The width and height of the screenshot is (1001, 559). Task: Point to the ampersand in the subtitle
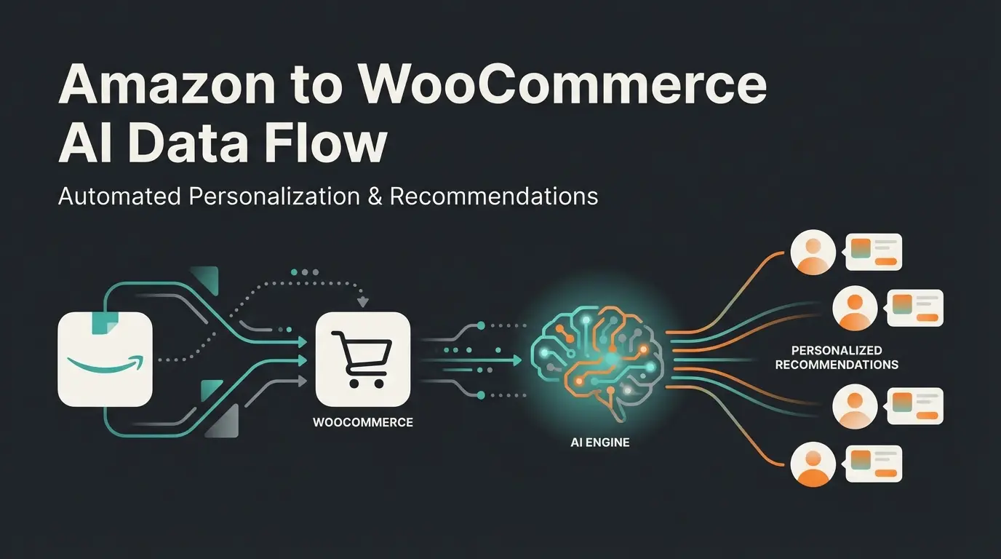coord(375,197)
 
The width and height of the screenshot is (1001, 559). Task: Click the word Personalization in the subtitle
coord(274,197)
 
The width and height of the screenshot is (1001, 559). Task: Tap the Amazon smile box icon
coord(105,358)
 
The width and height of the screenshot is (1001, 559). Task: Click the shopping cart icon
coord(363,358)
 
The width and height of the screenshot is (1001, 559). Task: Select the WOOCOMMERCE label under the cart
coord(363,422)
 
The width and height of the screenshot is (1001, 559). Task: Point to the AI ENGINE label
coord(600,442)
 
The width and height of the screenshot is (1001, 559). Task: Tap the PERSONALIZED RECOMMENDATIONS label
coord(837,357)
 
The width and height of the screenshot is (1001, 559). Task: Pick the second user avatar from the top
coord(854,307)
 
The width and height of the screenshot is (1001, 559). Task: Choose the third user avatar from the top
coord(854,405)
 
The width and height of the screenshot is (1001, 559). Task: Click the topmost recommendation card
coord(874,252)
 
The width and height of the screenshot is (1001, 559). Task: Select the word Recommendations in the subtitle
coord(494,197)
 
